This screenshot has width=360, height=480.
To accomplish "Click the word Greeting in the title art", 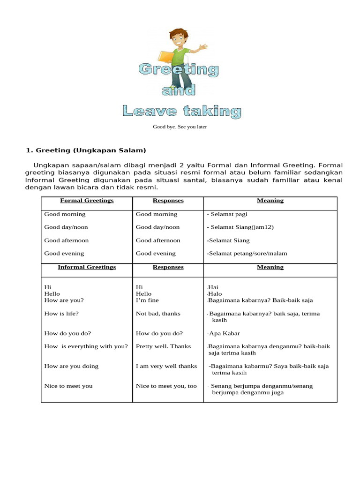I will tap(179, 70).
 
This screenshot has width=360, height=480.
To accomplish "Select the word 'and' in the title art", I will tap(179, 90).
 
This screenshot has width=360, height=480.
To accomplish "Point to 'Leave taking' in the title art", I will tap(182, 111).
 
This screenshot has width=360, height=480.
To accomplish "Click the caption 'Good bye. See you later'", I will tap(180, 127).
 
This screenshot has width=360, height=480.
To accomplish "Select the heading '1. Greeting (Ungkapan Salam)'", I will tap(86, 150).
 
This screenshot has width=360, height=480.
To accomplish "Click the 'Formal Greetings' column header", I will tap(87, 201).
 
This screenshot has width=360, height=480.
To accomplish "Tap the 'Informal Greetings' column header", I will tap(87, 267).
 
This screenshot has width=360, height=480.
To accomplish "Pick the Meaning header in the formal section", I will tap(270, 201).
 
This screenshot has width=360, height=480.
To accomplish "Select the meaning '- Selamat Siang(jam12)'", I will tap(240, 227).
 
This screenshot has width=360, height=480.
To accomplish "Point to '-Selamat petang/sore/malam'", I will tap(247, 254).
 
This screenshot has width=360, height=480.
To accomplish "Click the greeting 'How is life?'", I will tap(61, 314).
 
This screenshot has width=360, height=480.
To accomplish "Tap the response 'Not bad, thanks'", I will tap(158, 314).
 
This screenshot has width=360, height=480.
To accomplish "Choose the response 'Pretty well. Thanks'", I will tap(163, 346).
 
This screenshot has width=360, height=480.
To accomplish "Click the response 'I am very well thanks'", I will tap(166, 366).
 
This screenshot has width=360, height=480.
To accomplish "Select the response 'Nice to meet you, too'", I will tap(166, 386).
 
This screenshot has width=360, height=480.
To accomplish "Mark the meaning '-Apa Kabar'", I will tap(223, 334).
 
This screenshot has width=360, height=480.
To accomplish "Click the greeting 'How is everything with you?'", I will tap(86, 346).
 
